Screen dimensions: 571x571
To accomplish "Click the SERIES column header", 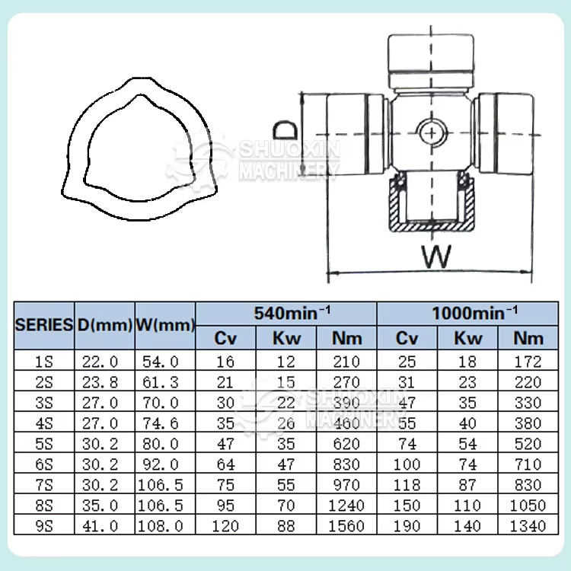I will point(43,325).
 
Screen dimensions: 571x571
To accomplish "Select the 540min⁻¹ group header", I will point(285,312).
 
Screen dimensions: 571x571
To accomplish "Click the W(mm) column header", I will point(165,325).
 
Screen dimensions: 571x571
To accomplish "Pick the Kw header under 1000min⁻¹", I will point(467,338).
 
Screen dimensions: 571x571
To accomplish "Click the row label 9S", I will point(43,526).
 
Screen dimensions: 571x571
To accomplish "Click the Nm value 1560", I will point(346,526).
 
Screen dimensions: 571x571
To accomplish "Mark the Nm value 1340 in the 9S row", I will point(528,526).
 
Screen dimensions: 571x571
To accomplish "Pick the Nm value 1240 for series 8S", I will point(346,506).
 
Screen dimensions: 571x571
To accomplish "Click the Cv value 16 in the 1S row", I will point(226,362).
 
